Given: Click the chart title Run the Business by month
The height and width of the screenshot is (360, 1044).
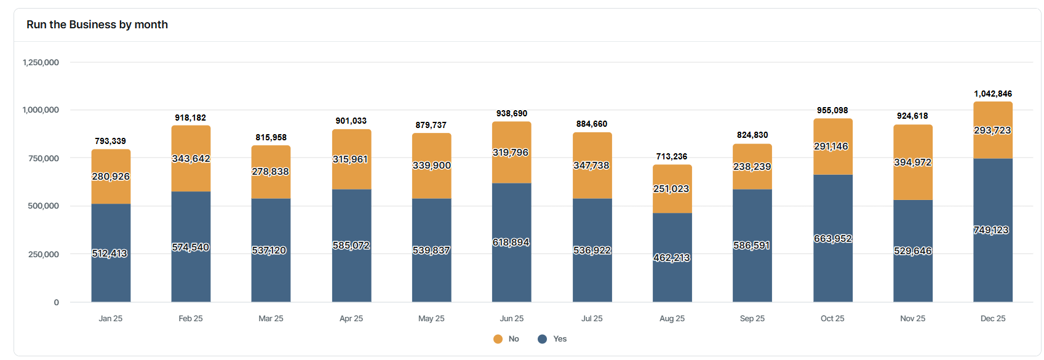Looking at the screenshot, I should (97, 25).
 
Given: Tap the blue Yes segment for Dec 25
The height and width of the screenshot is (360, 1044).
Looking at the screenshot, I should (992, 258).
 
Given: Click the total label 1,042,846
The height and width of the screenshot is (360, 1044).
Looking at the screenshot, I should (992, 94).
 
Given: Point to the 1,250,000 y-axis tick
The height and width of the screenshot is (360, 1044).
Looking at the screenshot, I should (41, 62).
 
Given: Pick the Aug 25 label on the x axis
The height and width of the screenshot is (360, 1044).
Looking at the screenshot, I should (672, 318).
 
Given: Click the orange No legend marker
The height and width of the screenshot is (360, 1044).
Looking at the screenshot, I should (498, 339).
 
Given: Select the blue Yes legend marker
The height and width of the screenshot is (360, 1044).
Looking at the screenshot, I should (542, 339).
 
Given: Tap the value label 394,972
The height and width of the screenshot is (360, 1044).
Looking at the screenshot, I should (912, 162).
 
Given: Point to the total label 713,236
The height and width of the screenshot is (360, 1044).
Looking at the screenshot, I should (672, 156).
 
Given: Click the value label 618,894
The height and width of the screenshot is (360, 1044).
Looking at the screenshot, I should (511, 242).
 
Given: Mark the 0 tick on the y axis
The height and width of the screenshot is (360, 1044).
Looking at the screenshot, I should (57, 302).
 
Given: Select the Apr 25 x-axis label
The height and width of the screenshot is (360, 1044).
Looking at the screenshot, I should (351, 318).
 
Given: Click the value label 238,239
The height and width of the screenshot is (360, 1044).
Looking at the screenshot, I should (752, 166).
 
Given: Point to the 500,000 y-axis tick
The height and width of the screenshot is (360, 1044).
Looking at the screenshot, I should (44, 206).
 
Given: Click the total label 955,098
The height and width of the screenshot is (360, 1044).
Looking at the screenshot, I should (832, 110).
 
